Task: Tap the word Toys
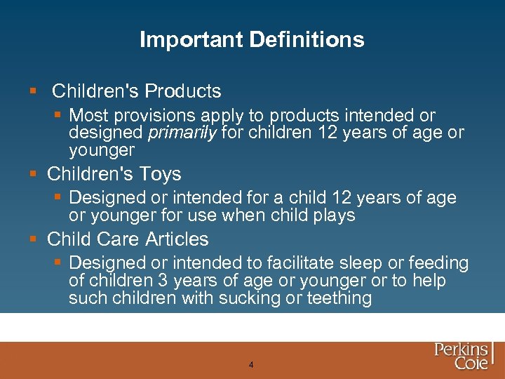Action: coord(161,174)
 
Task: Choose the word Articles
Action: coord(177,239)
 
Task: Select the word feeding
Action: coord(437,263)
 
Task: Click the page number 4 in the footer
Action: coord(251,365)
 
